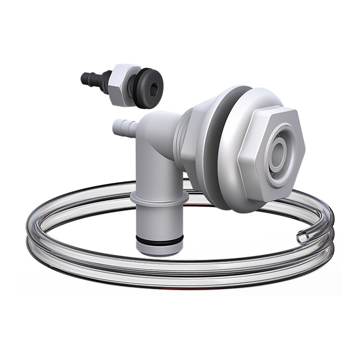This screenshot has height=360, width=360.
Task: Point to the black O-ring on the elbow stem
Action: (x=158, y=241)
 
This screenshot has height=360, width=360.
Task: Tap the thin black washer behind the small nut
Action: (x=132, y=85)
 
